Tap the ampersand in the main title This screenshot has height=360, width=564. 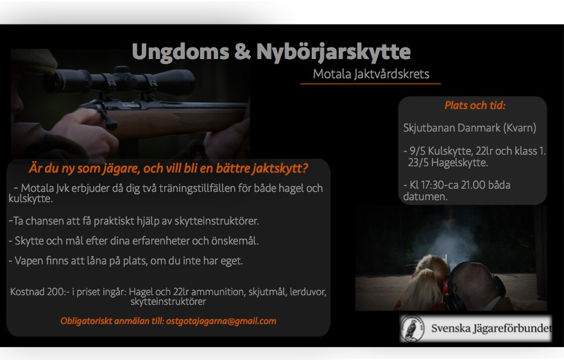[x=243, y=51]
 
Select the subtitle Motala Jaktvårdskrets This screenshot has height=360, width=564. [x=371, y=74]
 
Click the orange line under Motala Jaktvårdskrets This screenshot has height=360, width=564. [x=370, y=84]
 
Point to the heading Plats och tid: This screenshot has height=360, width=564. [x=475, y=105]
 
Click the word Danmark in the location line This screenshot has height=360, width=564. [x=472, y=128]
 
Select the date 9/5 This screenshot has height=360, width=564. [x=417, y=151]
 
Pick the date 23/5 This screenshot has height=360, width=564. [x=418, y=162]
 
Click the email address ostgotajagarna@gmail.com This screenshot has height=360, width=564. [x=221, y=321]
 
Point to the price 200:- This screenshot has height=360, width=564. [x=58, y=292]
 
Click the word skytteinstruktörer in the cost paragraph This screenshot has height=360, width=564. [x=168, y=302]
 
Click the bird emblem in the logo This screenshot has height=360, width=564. [x=412, y=329]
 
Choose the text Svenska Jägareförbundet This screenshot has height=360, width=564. [x=491, y=329]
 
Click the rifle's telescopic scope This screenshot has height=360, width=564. [x=119, y=81]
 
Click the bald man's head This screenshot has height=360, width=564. [x=475, y=284]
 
